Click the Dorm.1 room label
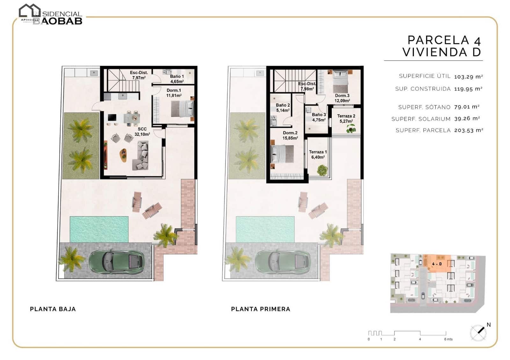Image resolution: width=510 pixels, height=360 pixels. pos(174,93)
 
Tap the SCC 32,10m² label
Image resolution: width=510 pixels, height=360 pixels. pos(142,132)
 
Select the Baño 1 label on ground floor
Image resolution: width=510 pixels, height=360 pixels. pos(177,79)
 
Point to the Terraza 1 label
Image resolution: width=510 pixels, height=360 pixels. pos(318,155)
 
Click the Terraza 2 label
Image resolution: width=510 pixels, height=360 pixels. pos(346,119)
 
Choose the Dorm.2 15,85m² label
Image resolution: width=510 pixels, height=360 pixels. pos(290,135)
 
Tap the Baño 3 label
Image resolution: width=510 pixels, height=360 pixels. pos(319,117)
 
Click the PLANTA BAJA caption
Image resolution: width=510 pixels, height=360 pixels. pos(53,309)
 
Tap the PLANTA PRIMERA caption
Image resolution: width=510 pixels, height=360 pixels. pos(260,309)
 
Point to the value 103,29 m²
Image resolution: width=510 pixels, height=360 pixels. pos(468,77)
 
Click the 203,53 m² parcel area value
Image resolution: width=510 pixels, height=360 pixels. pos(469,130)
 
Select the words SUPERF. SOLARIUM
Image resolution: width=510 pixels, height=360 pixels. pos(421,119)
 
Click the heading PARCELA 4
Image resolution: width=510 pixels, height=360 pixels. pos(444,40)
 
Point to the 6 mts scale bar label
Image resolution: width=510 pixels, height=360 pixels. pos(448,339)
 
